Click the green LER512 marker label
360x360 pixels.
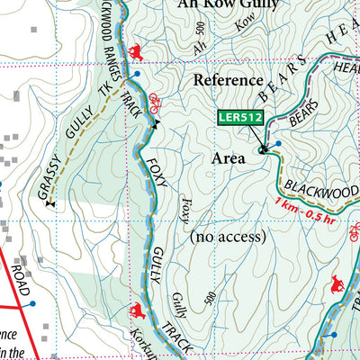(238, 116)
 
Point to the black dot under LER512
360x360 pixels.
(263, 150)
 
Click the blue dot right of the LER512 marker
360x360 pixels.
(278, 144)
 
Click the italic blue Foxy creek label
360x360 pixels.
(186, 214)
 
